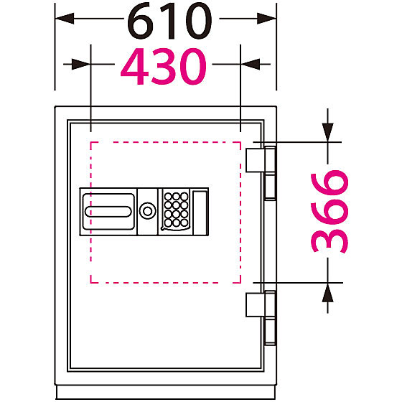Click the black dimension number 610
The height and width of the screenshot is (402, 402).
[169, 21]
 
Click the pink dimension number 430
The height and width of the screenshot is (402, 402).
[164, 66]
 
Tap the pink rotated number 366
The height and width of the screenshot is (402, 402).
[329, 212]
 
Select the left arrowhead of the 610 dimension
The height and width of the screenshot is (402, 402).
[65, 19]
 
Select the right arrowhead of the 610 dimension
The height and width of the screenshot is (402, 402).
[266, 19]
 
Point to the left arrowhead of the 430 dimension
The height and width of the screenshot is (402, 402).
[81, 64]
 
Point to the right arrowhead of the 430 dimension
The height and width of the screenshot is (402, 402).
[251, 64]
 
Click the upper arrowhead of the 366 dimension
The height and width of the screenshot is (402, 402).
[327, 133]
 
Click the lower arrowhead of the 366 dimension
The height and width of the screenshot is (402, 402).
[327, 292]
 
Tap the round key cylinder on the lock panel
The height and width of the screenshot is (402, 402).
[147, 211]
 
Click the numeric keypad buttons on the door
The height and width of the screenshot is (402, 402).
[176, 210]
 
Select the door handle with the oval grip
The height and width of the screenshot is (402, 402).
[108, 212]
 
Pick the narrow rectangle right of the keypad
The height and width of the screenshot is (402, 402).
[200, 212]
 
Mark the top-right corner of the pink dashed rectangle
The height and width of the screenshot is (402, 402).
[240, 142]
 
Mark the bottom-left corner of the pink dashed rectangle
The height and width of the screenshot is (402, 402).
[90, 283]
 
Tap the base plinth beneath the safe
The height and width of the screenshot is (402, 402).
[166, 392]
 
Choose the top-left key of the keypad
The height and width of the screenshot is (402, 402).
[168, 197]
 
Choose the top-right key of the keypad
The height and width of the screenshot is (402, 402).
[184, 197]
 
